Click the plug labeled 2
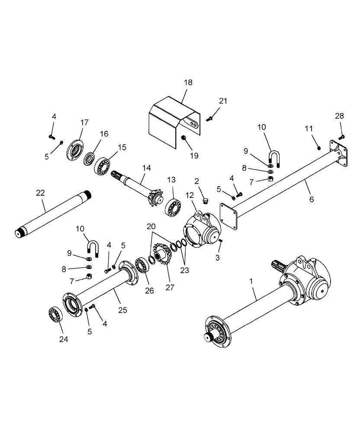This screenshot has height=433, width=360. pos(206,201)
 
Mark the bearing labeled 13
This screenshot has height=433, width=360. pos(173,207)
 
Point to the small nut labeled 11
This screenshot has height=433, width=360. pos(318,148)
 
